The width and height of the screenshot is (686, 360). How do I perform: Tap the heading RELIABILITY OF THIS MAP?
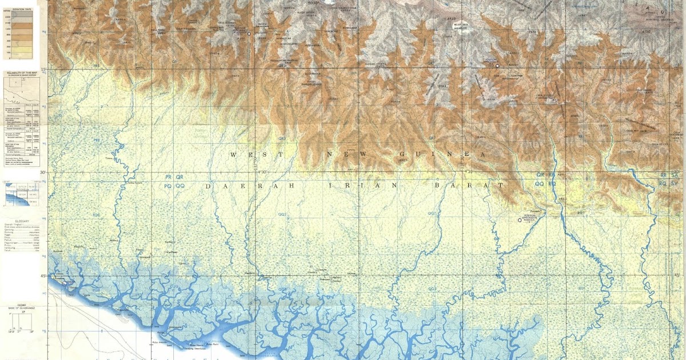pos(22,73)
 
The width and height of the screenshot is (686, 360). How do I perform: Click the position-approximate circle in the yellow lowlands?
pos(520,219)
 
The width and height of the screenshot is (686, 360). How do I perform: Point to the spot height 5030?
pos(313,3)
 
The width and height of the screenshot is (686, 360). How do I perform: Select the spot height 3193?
pos(444,86)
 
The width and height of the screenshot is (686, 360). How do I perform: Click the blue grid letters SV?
pos(675,183)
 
